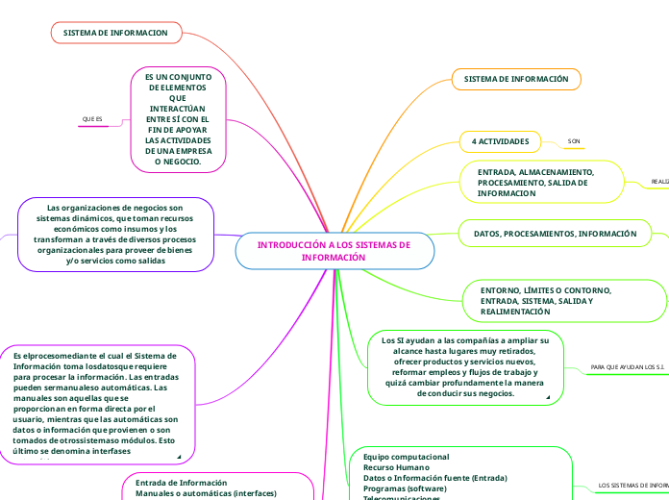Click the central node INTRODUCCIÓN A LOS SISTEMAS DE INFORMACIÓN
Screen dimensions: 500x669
point(334,251)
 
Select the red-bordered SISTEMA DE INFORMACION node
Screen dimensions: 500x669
point(115,33)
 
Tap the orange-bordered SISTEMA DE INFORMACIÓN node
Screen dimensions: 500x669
point(516,78)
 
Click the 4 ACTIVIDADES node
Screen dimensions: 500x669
point(500,141)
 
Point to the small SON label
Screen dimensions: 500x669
point(574,141)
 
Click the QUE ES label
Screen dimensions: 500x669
point(92,119)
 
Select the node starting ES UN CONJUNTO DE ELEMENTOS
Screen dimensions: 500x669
point(179,119)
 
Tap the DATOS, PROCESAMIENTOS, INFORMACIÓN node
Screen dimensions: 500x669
point(555,234)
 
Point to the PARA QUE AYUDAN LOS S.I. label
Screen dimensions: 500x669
point(627,367)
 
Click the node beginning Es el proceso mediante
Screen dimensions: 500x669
point(100,404)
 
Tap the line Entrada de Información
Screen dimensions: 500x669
point(181,482)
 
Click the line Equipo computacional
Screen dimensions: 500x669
point(406,455)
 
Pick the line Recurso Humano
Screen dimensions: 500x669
point(396,466)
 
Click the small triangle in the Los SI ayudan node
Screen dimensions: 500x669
point(548,397)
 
